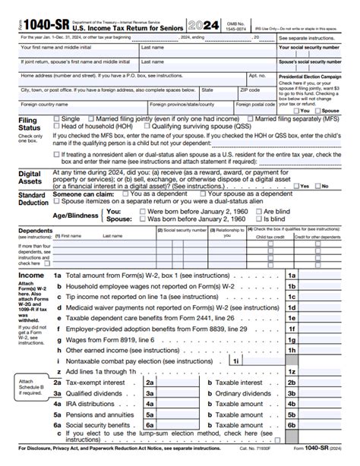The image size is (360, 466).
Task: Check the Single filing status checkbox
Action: click(x=57, y=119)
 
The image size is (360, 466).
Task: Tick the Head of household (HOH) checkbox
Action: click(x=57, y=127)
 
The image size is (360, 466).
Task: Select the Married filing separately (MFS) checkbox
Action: click(x=251, y=119)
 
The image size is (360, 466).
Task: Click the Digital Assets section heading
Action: click(x=30, y=178)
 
